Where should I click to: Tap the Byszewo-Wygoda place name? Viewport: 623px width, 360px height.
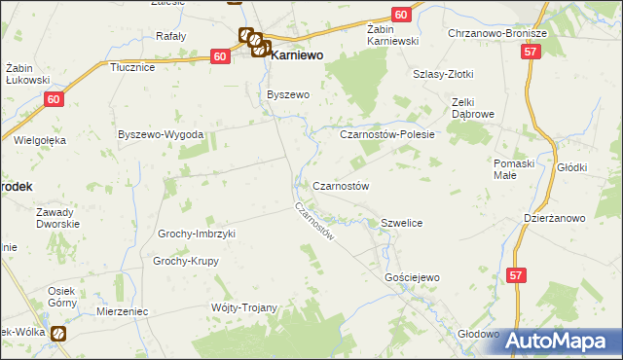(x=160, y=133)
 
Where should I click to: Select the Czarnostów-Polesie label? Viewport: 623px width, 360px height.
(x=386, y=134)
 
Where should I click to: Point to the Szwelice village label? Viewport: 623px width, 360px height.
(x=401, y=223)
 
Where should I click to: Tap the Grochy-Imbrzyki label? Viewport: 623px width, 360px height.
(x=197, y=234)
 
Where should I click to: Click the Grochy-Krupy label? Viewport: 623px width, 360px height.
(x=187, y=261)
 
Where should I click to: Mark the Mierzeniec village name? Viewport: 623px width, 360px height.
(x=122, y=311)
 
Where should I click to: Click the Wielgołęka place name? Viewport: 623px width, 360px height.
(x=40, y=140)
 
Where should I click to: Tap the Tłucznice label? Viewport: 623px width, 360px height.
(x=133, y=67)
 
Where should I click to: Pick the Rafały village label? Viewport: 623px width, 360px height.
(x=171, y=36)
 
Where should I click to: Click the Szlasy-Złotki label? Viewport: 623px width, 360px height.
(x=443, y=74)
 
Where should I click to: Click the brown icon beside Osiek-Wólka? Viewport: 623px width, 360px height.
(x=58, y=335)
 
